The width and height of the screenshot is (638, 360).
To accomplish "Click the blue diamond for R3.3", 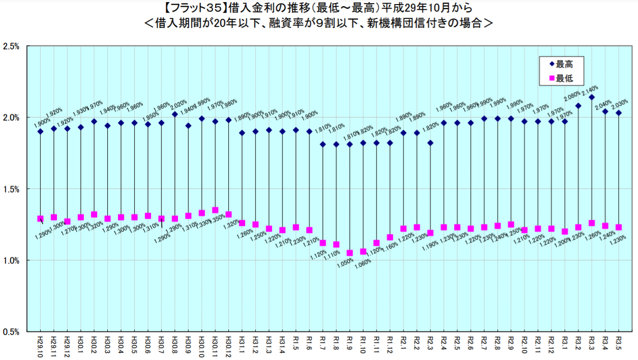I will tap(591, 97).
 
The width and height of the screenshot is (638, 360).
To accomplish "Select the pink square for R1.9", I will tap(349, 253).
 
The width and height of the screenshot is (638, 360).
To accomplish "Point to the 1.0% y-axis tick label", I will tap(11, 260).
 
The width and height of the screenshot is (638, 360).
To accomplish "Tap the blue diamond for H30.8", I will tap(175, 114).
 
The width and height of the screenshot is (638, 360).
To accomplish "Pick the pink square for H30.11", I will tap(215, 210).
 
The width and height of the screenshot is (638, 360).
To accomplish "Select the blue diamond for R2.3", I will tap(430, 143).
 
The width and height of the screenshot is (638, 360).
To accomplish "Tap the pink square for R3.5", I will tap(619, 227).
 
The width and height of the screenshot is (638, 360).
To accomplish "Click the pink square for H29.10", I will tap(41, 219).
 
